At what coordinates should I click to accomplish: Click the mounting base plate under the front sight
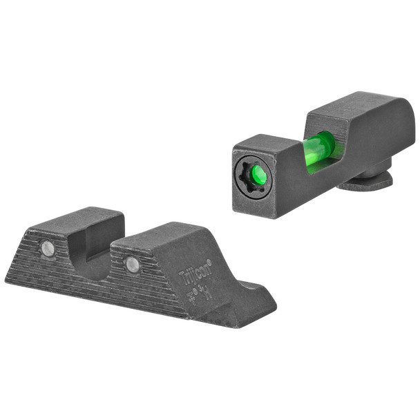coord(370,181)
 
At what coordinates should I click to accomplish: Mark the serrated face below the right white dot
coord(138,290)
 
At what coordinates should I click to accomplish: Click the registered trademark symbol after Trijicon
coord(201,261)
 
